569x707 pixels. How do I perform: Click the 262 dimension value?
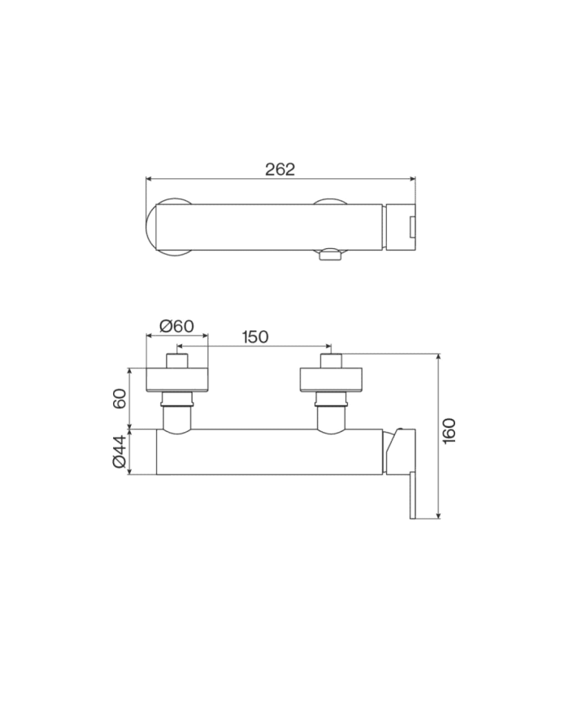pyautogui.click(x=280, y=169)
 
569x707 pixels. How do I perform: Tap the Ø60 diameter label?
pyautogui.click(x=176, y=325)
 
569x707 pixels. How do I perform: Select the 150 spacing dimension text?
pyautogui.click(x=254, y=337)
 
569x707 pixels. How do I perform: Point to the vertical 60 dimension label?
pyautogui.click(x=119, y=399)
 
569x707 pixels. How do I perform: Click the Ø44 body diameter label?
pyautogui.click(x=119, y=452)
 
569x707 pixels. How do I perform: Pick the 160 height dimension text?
pyautogui.click(x=450, y=430)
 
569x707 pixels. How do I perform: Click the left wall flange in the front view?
pyautogui.click(x=176, y=380)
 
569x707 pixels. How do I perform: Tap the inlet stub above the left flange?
pyautogui.click(x=176, y=361)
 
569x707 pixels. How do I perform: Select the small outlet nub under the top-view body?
pyautogui.click(x=331, y=255)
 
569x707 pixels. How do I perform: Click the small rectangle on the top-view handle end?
pyautogui.click(x=411, y=226)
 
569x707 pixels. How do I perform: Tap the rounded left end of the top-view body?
pyautogui.click(x=154, y=227)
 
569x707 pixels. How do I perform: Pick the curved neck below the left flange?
pyautogui.click(x=176, y=418)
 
